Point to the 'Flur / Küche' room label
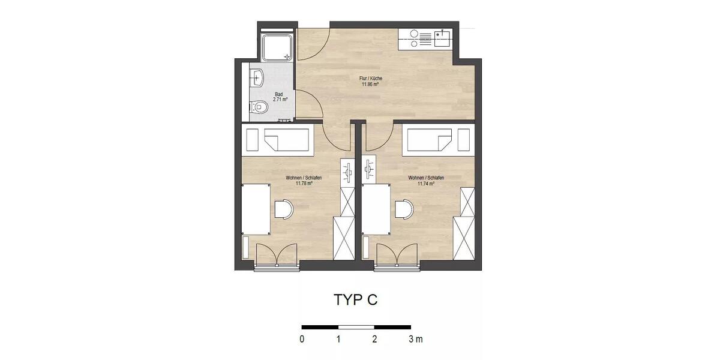click(x=371, y=79)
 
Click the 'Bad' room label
click(x=279, y=94)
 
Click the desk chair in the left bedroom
click(x=283, y=208)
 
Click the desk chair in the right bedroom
click(x=404, y=208)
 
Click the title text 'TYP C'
click(x=355, y=300)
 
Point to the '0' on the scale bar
click(x=302, y=340)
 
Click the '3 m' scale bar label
click(x=415, y=340)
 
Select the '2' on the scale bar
click(x=374, y=340)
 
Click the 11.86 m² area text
click(x=370, y=85)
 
